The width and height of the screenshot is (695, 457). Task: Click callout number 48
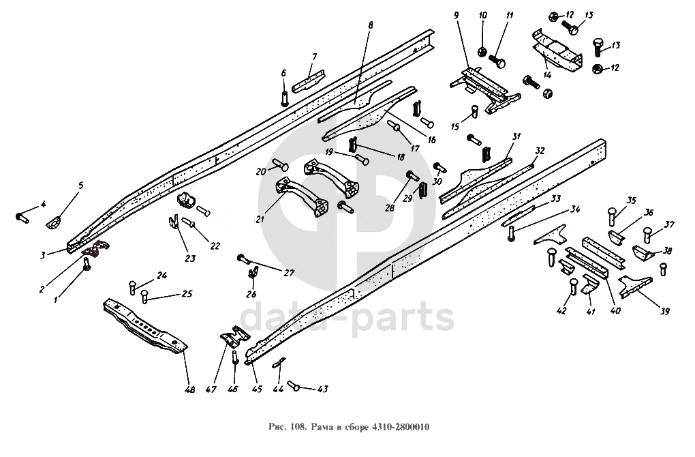click(x=189, y=390)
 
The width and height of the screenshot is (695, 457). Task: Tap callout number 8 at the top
click(x=371, y=25)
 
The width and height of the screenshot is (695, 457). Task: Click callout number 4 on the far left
click(x=42, y=204)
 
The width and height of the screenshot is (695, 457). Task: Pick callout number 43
click(x=322, y=389)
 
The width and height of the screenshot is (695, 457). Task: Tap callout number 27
click(x=289, y=273)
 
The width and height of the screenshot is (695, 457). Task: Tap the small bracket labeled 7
click(x=310, y=80)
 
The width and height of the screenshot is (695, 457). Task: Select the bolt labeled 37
click(x=649, y=236)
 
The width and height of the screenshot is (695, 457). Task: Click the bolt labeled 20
click(x=281, y=165)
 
